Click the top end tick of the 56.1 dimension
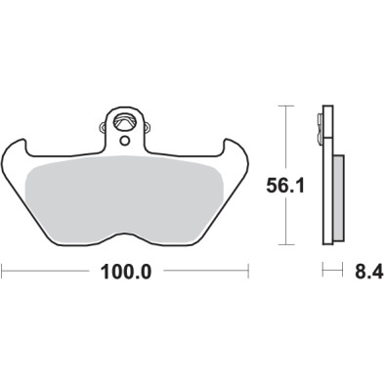click(284, 107)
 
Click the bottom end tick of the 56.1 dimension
click(284, 244)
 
